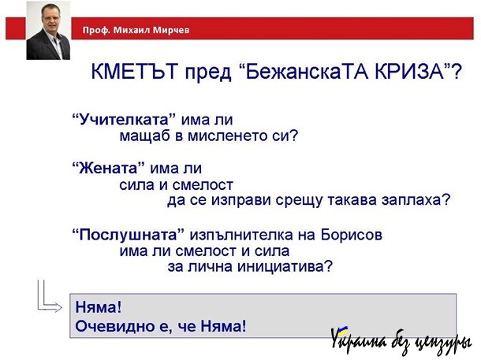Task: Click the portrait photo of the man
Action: [x=48, y=31]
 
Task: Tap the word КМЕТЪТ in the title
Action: [x=135, y=72]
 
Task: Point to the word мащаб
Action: [x=145, y=136]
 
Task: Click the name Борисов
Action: [x=352, y=235]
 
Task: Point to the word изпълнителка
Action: [x=242, y=235]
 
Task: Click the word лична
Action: [x=210, y=267]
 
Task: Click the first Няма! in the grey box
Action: [x=99, y=306]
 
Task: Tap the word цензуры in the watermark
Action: [x=442, y=343]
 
